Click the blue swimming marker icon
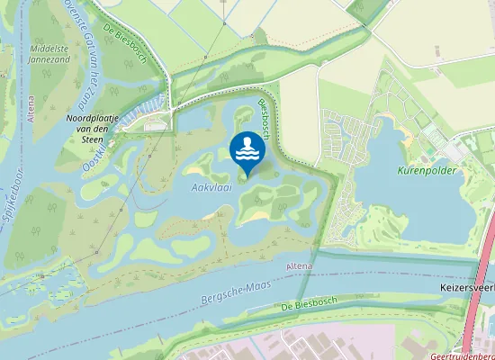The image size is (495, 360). (246, 150)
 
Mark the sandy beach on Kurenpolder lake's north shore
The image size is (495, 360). (407, 135)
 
